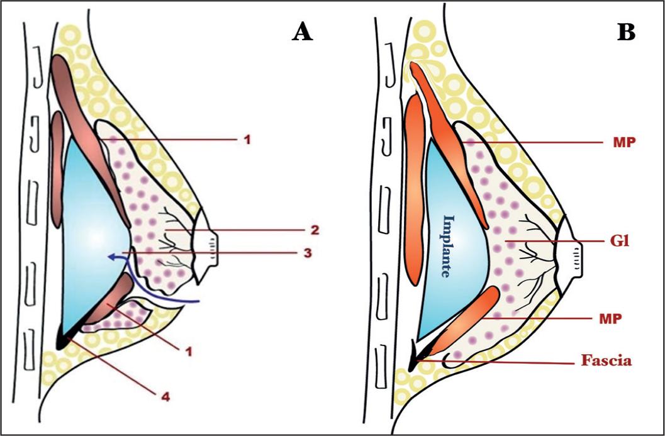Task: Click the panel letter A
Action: tap(303, 32)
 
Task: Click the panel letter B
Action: tap(626, 32)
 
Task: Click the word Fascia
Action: tap(606, 361)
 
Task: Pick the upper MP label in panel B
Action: tap(624, 143)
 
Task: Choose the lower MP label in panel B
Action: tap(611, 318)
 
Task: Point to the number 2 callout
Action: tap(315, 230)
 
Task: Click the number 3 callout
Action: tap(308, 253)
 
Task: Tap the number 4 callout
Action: tap(165, 398)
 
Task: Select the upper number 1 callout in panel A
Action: tap(247, 139)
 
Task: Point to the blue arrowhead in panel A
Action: tap(112, 255)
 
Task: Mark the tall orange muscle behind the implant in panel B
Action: tap(415, 189)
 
